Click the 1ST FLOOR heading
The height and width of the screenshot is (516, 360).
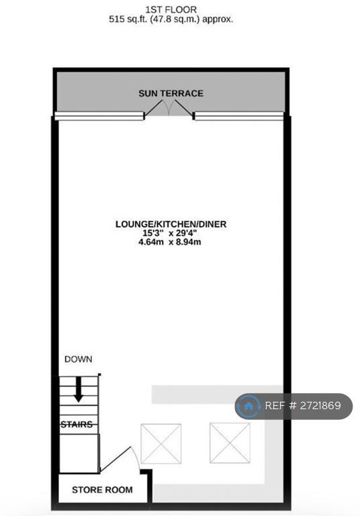(171, 9)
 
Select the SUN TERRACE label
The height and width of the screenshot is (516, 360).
(171, 93)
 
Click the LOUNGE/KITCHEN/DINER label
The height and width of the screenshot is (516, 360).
(171, 224)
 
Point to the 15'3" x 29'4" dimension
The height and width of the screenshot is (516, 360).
(170, 233)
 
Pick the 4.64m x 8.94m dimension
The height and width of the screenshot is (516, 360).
(170, 242)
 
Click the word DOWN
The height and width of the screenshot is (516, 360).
(79, 359)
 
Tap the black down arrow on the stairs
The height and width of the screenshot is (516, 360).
(79, 389)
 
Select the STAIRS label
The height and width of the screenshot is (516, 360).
(77, 425)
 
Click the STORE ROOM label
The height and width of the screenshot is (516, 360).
(102, 490)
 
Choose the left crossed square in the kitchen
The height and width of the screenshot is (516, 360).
(161, 443)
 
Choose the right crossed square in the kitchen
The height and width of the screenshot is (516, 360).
(230, 443)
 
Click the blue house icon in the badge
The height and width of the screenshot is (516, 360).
(249, 406)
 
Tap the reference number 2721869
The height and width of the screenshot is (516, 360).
(320, 406)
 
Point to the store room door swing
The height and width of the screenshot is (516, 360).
(120, 460)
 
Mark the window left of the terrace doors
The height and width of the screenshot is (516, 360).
(99, 116)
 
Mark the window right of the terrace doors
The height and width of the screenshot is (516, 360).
(239, 116)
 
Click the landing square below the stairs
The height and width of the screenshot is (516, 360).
(79, 454)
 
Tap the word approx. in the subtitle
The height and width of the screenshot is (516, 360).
(218, 19)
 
